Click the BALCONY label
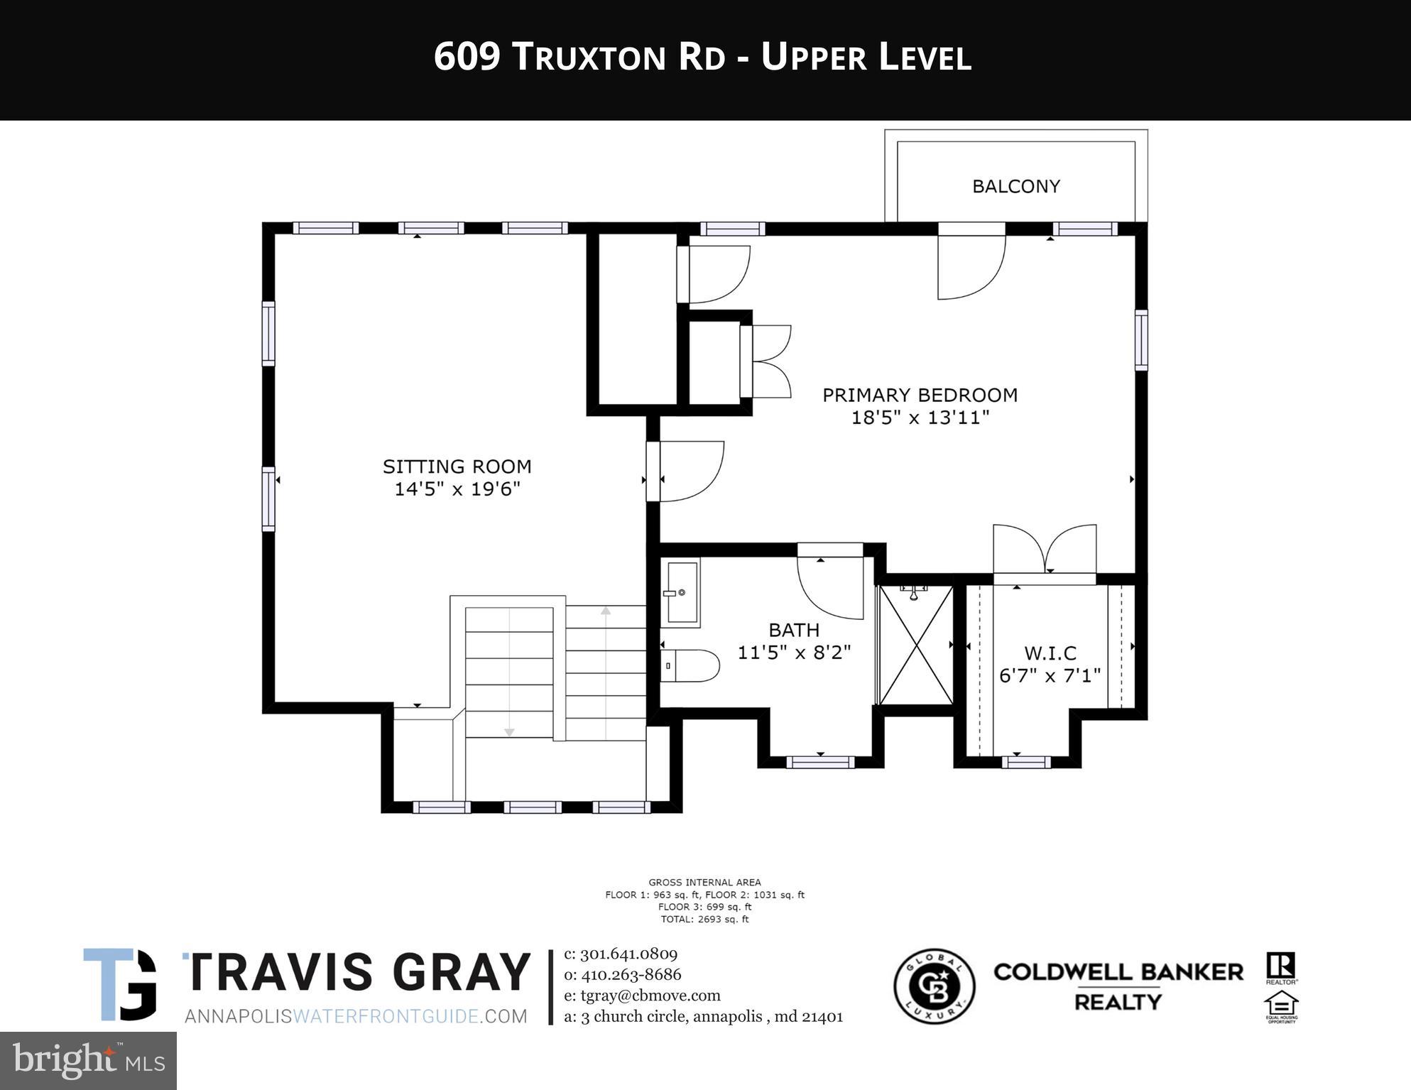(1015, 186)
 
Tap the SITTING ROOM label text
(457, 467)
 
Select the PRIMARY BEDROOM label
(920, 395)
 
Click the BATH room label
(794, 630)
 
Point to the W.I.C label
(1050, 653)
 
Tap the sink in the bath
(681, 592)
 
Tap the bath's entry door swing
(829, 586)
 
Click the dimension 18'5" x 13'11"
(920, 418)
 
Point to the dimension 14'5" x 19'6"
(457, 489)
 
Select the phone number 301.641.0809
(628, 954)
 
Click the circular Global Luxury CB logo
(934, 986)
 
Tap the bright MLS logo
(88, 1060)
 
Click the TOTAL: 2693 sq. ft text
(704, 919)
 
